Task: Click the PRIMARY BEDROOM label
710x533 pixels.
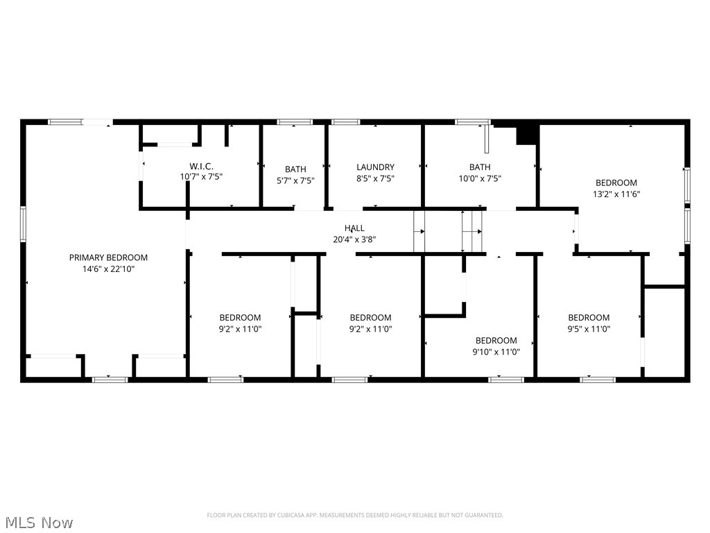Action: tap(108, 257)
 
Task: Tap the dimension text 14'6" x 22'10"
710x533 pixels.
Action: tap(108, 268)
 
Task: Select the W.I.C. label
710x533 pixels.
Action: tap(201, 167)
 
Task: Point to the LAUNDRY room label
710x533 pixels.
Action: tap(375, 167)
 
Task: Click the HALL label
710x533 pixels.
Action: tap(354, 228)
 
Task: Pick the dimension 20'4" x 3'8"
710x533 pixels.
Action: tap(354, 239)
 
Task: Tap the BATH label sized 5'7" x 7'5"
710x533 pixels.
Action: tap(295, 169)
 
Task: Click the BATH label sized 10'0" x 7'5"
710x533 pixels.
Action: tap(480, 167)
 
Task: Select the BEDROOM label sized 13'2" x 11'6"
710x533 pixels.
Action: tap(616, 183)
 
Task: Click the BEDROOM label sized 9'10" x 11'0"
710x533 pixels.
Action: tap(496, 341)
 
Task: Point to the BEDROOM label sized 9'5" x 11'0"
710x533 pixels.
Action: tap(589, 318)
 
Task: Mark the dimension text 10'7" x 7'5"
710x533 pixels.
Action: tap(201, 177)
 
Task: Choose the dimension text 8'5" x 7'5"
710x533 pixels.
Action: tap(375, 178)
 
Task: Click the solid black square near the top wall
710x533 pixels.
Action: tap(528, 134)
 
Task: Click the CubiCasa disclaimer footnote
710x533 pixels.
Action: tap(355, 515)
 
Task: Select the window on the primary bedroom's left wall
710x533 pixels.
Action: tap(23, 224)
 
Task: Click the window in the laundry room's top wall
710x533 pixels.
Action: tap(345, 122)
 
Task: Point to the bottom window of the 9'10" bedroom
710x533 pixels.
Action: tap(506, 380)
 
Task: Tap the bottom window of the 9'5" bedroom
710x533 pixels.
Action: tap(598, 380)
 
